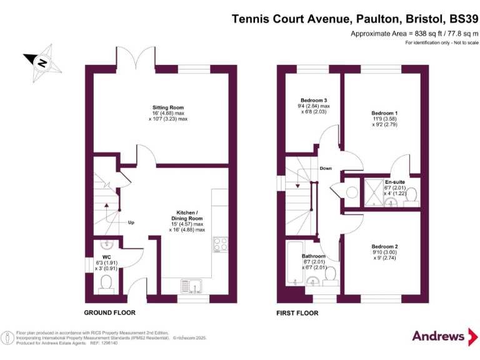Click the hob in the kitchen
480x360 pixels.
220,244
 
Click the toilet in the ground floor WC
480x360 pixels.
106,283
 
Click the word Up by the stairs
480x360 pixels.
131,222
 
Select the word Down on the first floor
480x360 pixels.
326,168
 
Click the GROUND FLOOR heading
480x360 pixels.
110,312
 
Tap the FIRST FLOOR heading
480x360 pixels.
298,312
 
